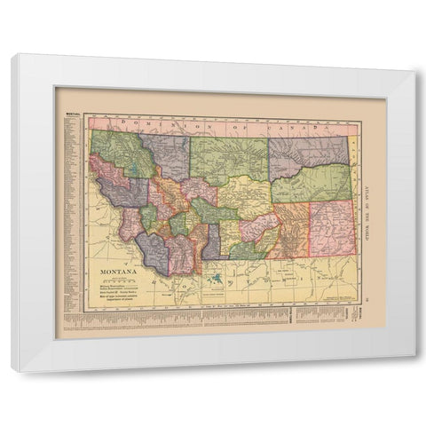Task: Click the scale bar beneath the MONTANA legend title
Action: pos(113,273)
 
